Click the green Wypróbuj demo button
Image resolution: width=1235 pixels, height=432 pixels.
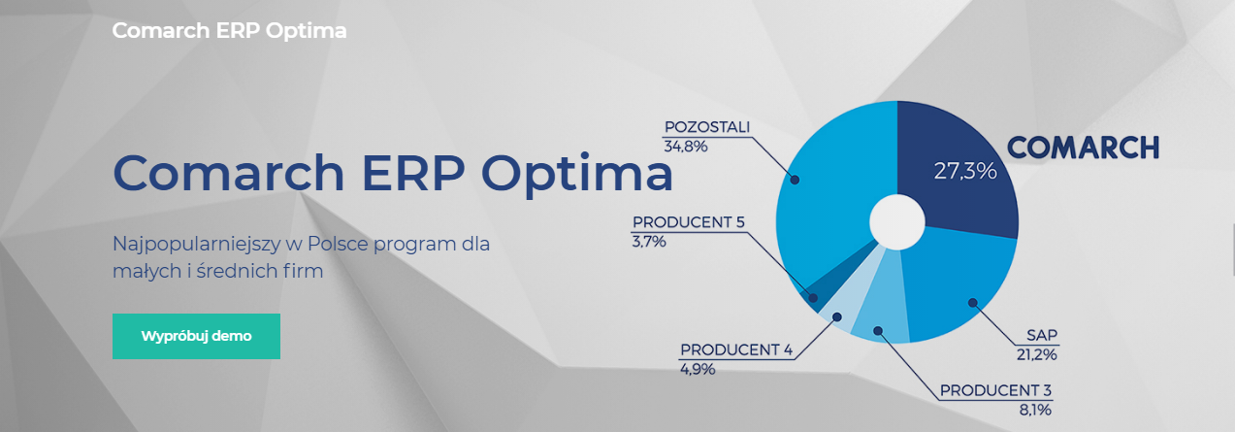196,336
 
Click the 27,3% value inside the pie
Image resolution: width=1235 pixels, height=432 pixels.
965,171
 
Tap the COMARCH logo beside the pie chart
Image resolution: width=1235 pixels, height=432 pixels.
1084,148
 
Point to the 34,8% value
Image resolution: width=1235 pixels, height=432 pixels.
686,147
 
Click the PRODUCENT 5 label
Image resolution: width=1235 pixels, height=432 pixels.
688,221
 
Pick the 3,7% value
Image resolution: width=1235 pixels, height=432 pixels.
649,242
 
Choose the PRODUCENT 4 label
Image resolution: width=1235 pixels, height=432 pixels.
736,349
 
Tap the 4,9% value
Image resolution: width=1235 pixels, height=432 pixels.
698,369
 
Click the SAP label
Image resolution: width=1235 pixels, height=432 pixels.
1042,335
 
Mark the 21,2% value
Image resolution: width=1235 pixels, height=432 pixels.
1036,354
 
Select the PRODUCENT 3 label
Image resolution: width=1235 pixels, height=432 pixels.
995,390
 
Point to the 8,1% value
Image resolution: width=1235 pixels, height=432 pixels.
1035,410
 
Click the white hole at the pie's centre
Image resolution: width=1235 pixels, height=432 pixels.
897,221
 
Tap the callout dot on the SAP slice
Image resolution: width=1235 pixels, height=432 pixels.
972,302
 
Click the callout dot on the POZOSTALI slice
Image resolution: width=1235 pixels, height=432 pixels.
795,180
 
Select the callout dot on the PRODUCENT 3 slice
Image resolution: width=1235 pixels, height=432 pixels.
878,330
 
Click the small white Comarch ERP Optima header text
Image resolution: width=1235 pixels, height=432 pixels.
229,31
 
